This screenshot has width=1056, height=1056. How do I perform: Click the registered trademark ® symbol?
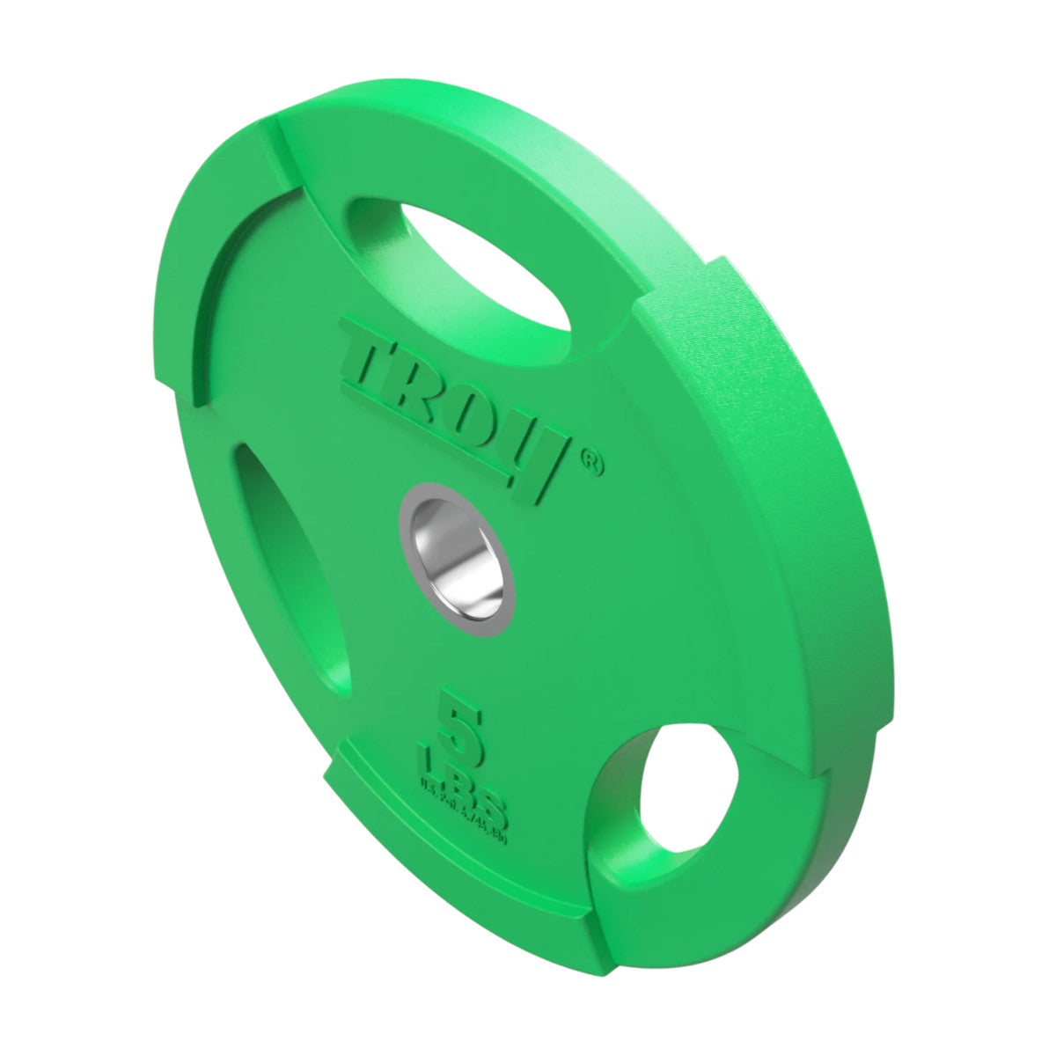pyautogui.click(x=593, y=463)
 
